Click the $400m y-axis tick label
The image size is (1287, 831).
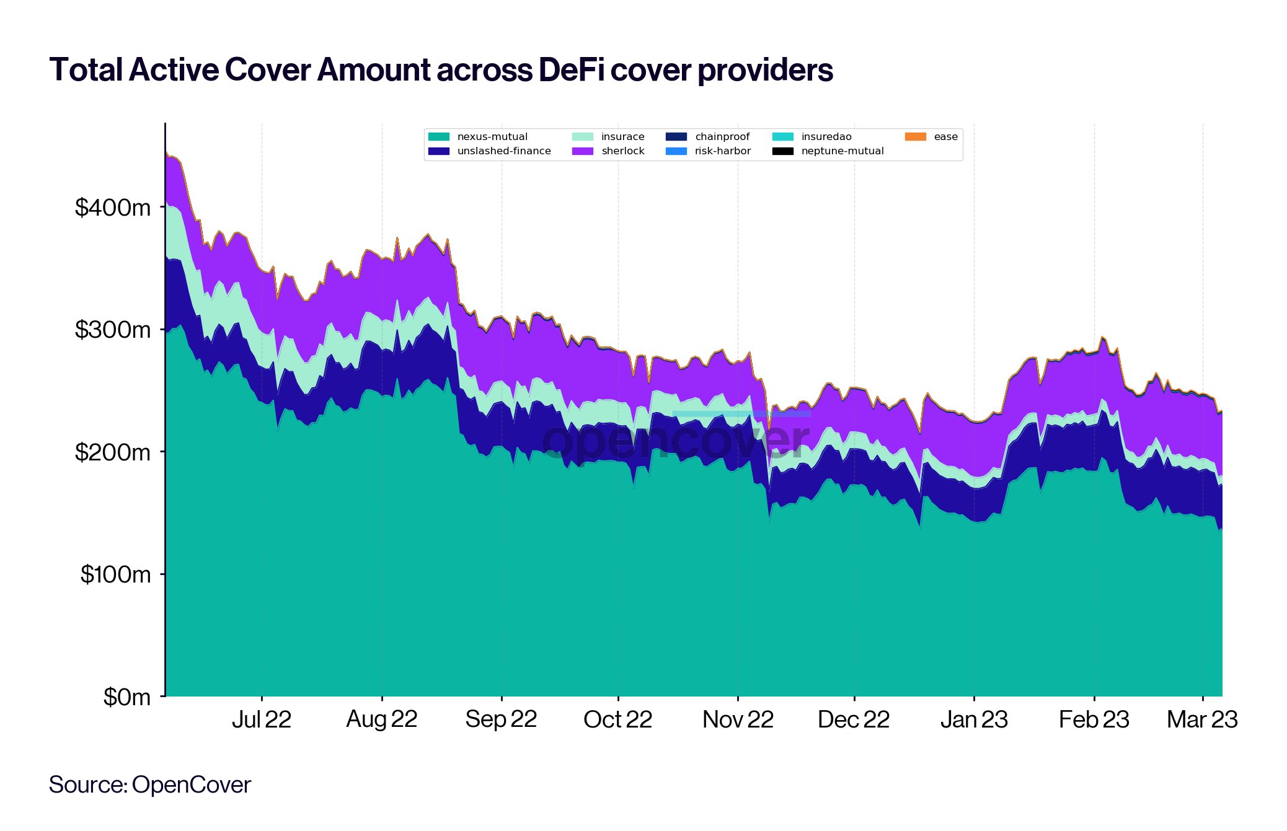click(x=113, y=208)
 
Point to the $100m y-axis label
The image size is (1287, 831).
click(x=115, y=574)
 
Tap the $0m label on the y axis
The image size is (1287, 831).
click(x=127, y=697)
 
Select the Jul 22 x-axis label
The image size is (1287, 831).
click(x=262, y=719)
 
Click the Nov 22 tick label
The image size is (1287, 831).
click(x=738, y=719)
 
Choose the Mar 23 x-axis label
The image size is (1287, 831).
click(x=1202, y=719)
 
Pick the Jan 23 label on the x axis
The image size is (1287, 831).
click(x=974, y=719)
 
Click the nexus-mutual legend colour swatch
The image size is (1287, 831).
click(x=439, y=137)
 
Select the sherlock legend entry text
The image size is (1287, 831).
click(x=622, y=151)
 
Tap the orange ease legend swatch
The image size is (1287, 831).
click(x=915, y=137)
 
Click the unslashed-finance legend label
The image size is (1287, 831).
click(x=504, y=151)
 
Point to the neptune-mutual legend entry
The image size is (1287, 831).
click(x=842, y=151)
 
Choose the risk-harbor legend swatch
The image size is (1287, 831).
click(x=676, y=151)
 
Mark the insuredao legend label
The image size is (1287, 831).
click(x=826, y=137)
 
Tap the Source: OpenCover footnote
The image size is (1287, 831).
click(x=150, y=785)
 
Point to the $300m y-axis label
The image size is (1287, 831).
click(x=113, y=330)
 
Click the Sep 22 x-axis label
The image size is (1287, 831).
click(x=501, y=719)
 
